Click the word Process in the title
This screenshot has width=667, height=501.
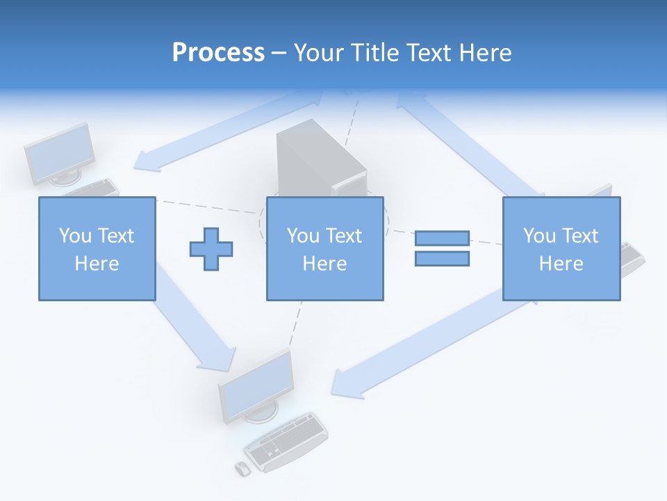click(x=218, y=53)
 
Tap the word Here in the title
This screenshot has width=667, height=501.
click(x=481, y=53)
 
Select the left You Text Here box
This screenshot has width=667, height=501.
click(x=97, y=248)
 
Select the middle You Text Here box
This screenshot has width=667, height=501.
click(x=324, y=248)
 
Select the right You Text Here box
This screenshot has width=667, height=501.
click(x=561, y=248)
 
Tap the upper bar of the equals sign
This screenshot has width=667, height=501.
click(x=442, y=238)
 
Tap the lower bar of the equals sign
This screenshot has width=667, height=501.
click(x=442, y=258)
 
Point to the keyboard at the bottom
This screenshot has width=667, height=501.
click(x=286, y=443)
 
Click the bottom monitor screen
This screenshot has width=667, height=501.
click(x=256, y=385)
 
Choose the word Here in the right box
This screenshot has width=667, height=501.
click(x=561, y=264)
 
